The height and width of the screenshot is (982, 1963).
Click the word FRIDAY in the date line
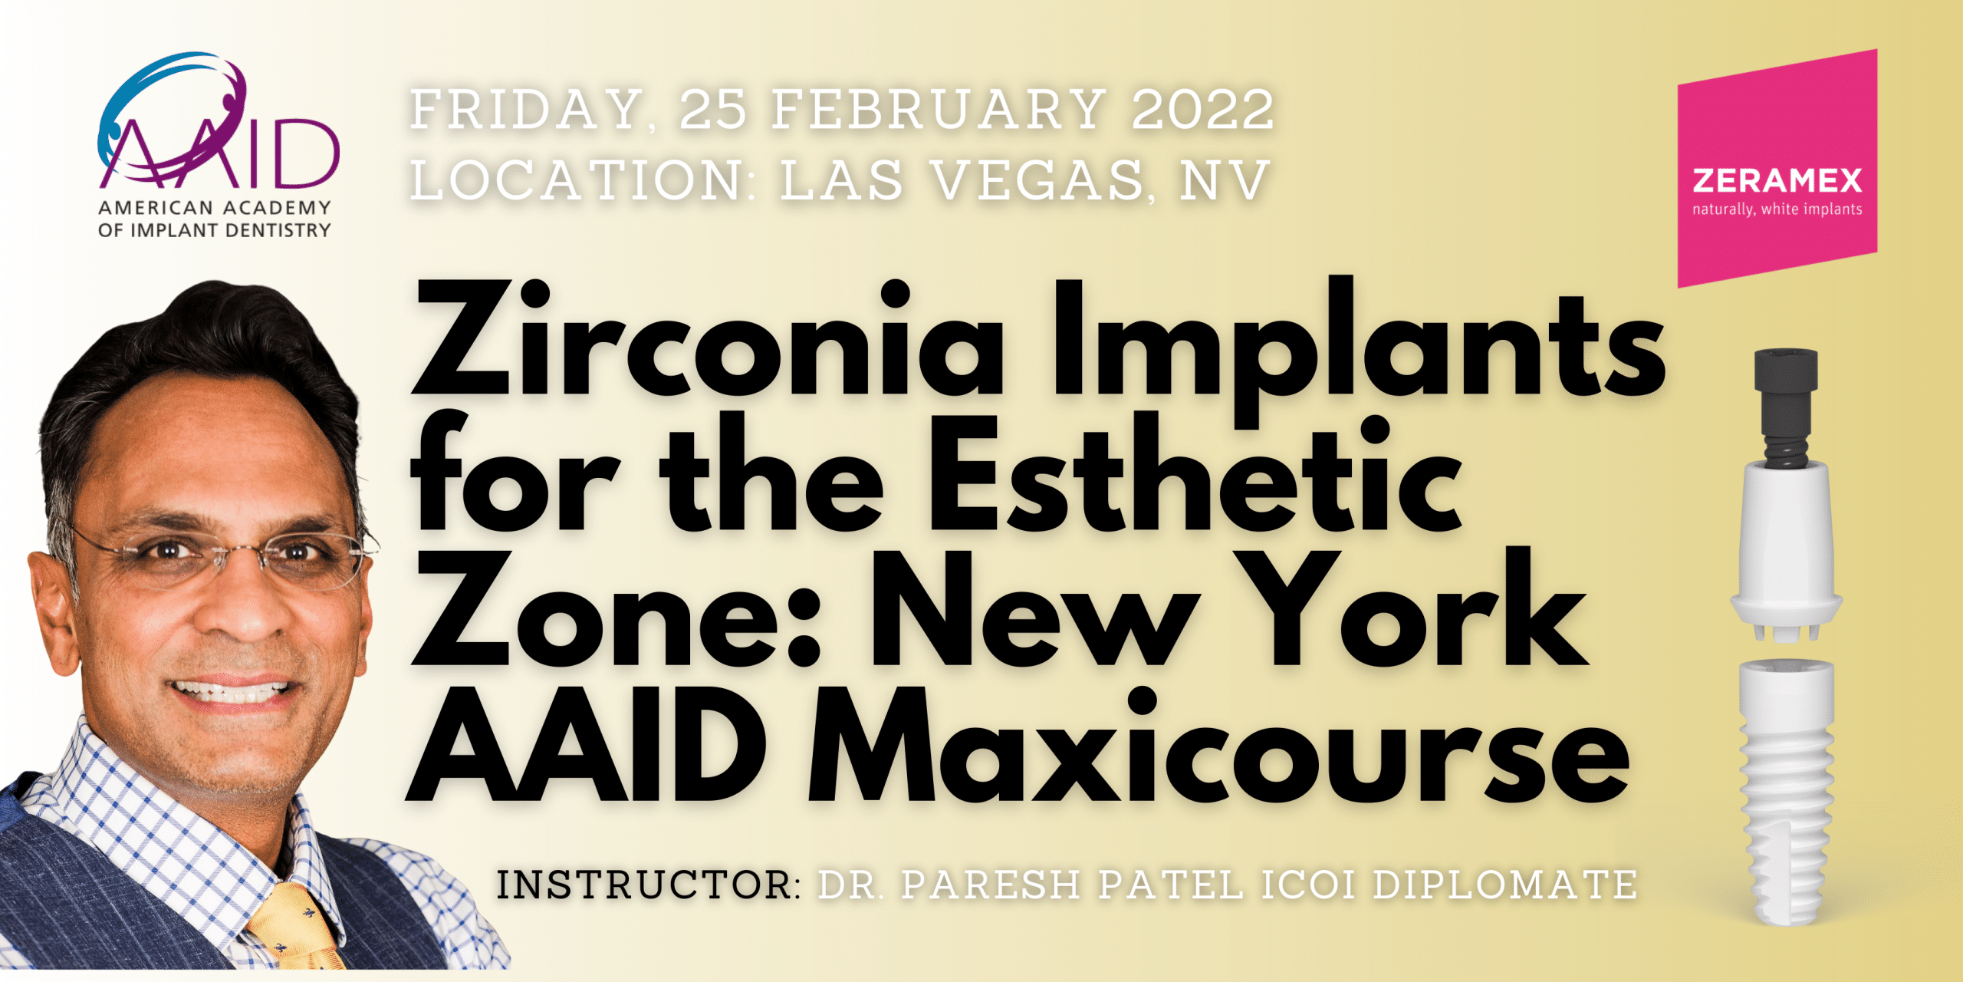click(527, 110)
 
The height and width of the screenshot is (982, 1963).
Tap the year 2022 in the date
click(1202, 110)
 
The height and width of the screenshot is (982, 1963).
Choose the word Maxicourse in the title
click(1218, 746)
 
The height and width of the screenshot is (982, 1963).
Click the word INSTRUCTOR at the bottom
click(649, 885)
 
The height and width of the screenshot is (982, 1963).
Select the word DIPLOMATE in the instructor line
click(1504, 885)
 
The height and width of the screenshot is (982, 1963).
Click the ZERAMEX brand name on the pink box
click(1777, 181)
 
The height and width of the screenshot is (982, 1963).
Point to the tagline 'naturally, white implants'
click(1777, 209)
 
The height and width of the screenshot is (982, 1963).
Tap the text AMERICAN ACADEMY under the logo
click(215, 208)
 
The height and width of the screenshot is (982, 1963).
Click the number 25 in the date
click(712, 110)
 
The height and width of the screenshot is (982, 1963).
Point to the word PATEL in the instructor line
click(1170, 885)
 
